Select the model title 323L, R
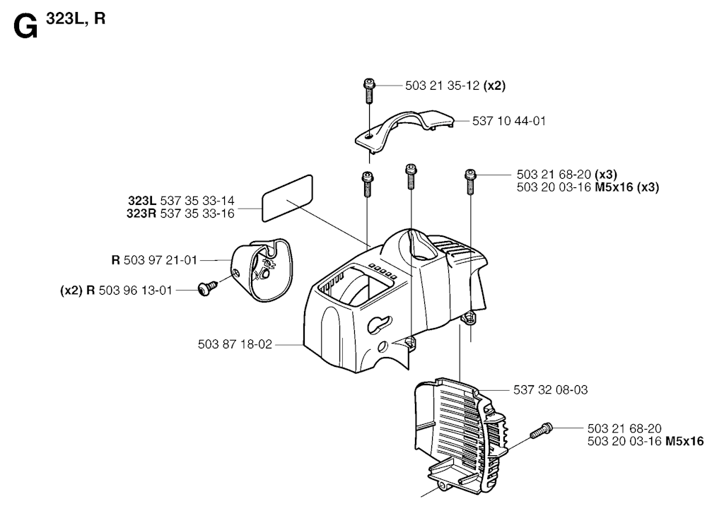click(x=76, y=18)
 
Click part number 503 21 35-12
click(x=443, y=86)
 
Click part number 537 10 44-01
click(x=509, y=121)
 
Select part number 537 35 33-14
click(x=197, y=201)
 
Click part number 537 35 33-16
click(x=197, y=213)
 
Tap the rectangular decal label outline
click(x=287, y=199)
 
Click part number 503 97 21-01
click(x=160, y=260)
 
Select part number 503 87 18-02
click(x=235, y=344)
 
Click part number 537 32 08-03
click(x=550, y=390)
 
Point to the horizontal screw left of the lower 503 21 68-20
click(x=541, y=430)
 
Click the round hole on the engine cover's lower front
click(x=383, y=346)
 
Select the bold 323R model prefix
click(x=141, y=213)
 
